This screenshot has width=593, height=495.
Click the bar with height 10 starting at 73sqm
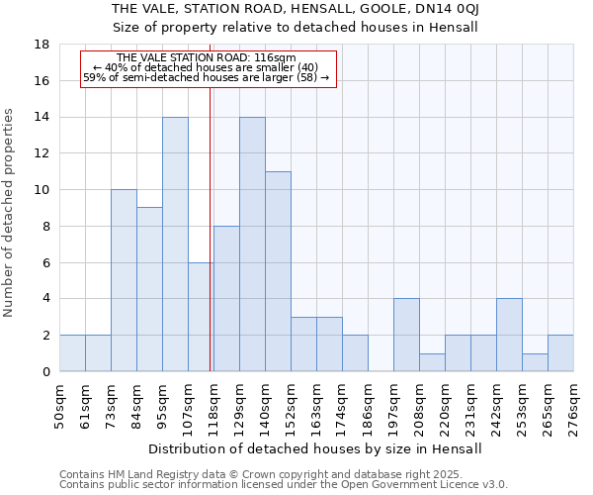tap(124, 280)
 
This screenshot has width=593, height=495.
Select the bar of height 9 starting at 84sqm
tap(149, 289)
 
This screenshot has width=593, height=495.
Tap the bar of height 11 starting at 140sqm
tap(278, 271)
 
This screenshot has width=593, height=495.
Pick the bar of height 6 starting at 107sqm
tap(201, 317)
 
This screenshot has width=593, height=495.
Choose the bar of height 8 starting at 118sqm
tap(226, 299)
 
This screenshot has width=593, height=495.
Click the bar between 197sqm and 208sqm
tap(406, 335)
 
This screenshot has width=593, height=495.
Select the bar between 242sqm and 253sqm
tap(509, 335)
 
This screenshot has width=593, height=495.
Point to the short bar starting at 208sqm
tap(432, 362)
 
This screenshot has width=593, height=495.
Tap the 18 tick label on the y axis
tap(42, 45)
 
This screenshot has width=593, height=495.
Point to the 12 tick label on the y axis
tap(42, 153)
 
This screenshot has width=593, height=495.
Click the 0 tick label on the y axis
tap(45, 371)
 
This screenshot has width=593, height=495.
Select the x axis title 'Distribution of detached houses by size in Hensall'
tap(316, 448)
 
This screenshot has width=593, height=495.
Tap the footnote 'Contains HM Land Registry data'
tap(282, 474)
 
